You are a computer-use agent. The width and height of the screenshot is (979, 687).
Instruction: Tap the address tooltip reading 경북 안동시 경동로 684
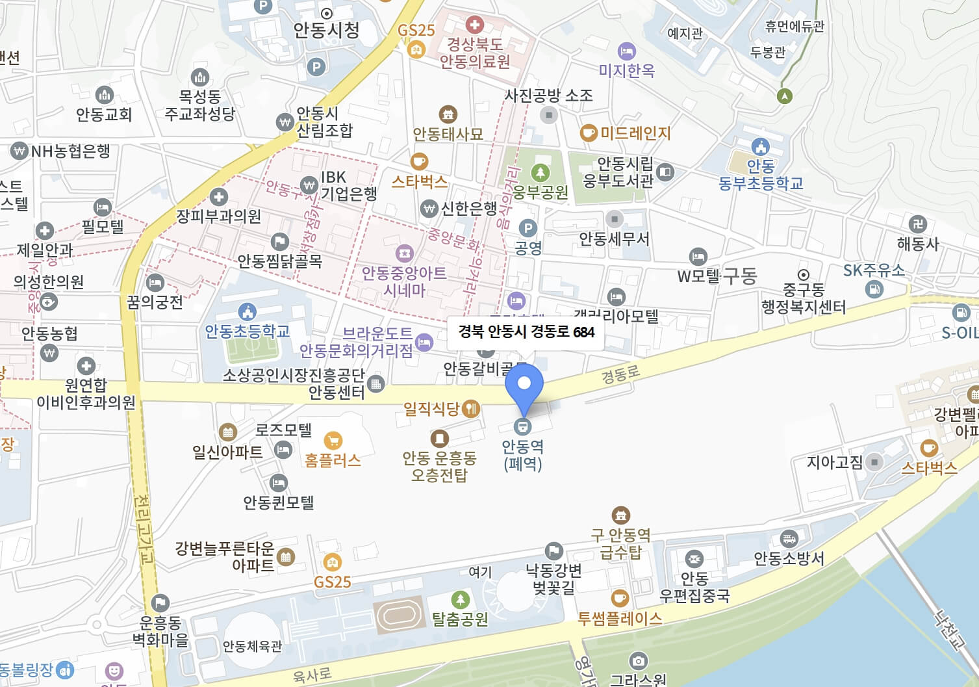526,332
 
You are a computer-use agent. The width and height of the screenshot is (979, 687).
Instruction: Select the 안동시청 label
326,30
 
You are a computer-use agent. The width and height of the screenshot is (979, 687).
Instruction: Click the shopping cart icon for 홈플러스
333,441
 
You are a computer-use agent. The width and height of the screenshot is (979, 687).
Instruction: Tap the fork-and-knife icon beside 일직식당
470,409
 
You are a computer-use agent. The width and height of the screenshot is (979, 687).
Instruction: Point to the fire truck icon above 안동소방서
789,539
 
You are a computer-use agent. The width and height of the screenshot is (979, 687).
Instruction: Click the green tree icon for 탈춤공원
460,599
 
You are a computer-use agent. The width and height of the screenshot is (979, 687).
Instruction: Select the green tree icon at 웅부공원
540,173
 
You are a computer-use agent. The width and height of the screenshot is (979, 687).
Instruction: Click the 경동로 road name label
620,375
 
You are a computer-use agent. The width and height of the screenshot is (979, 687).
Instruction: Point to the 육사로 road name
312,675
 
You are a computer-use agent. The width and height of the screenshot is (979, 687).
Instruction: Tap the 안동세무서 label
614,239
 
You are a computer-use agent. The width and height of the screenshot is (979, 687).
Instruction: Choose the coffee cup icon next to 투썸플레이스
619,597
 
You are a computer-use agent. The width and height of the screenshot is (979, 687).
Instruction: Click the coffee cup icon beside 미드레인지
588,133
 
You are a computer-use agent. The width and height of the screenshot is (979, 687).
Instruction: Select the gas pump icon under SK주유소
874,289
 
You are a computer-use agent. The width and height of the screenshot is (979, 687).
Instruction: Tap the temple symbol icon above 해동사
917,224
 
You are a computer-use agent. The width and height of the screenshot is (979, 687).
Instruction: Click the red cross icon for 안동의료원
475,25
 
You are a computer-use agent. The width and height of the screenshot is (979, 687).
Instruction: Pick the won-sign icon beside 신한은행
429,209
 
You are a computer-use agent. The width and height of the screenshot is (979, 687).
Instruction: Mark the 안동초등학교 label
247,331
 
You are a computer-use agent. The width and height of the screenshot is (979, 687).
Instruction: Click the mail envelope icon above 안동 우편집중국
694,558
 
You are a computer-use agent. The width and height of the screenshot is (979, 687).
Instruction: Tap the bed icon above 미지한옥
626,51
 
